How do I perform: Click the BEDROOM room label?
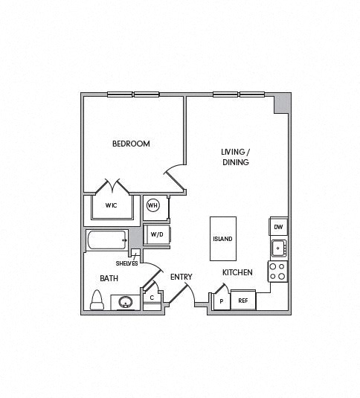(131, 144)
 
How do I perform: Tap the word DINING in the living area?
(236, 162)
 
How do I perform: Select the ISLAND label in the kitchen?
(222, 239)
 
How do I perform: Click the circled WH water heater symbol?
(153, 205)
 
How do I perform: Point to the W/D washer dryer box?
(157, 234)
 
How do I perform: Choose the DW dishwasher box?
(279, 227)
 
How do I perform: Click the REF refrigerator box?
(243, 301)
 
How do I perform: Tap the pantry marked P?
(222, 301)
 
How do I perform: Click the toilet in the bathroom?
(97, 301)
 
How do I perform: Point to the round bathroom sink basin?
(126, 302)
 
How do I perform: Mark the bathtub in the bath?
(106, 240)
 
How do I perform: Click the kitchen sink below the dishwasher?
(279, 248)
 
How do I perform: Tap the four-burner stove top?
(277, 272)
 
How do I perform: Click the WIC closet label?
(111, 205)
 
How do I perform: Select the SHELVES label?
(127, 263)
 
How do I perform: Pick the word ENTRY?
(181, 277)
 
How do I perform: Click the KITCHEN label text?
(237, 272)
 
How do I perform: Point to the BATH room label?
(109, 278)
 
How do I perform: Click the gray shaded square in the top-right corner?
(281, 104)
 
